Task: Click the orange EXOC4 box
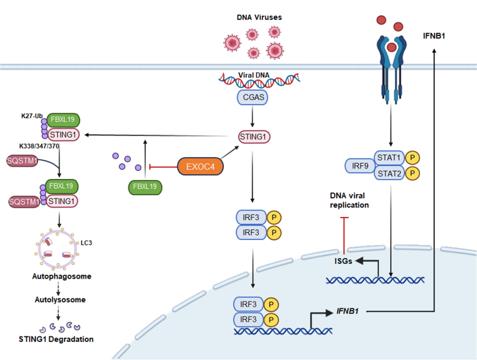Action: (x=199, y=166)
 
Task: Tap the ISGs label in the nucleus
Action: (x=342, y=262)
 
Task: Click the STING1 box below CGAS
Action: (x=255, y=136)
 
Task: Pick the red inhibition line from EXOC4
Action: (x=163, y=167)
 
